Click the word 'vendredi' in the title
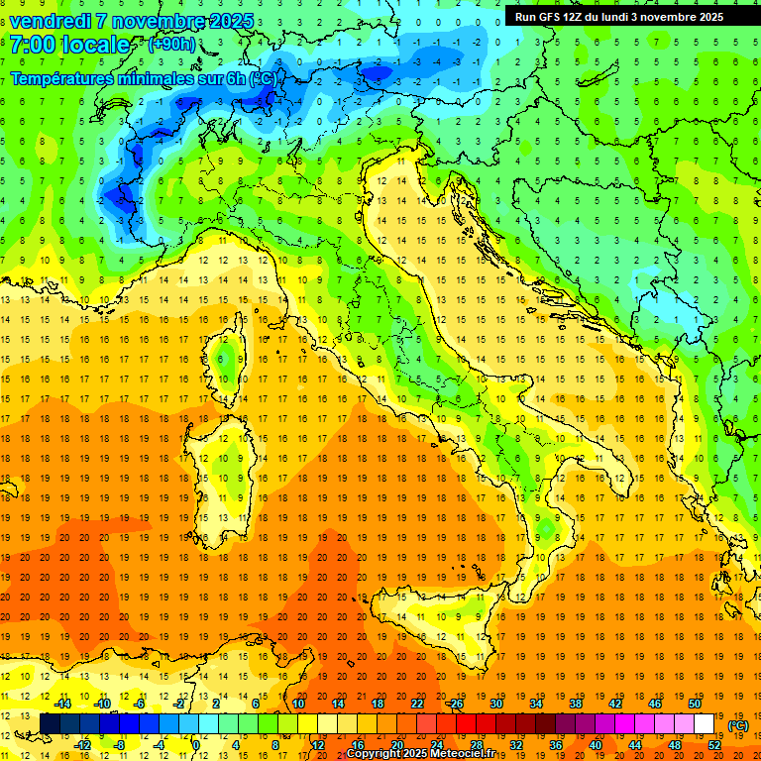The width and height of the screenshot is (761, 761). click(51, 21)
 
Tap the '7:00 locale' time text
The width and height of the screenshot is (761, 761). click(69, 45)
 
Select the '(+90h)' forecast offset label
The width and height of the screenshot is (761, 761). click(171, 45)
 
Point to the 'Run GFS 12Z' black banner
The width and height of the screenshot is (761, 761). click(618, 16)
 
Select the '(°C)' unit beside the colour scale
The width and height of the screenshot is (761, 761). click(738, 725)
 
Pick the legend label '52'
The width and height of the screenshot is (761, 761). click(714, 745)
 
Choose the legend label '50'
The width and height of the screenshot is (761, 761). click(695, 704)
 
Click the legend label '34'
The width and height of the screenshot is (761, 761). click(536, 704)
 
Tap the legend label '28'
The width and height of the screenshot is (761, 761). click(477, 745)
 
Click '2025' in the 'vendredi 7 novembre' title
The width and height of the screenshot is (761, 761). click(231, 21)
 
